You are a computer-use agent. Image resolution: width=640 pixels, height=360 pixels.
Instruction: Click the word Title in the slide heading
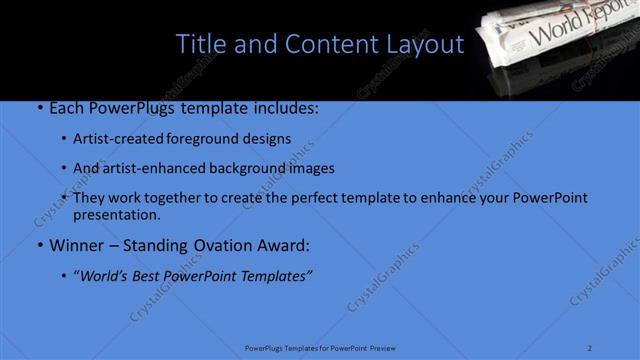coord(200,45)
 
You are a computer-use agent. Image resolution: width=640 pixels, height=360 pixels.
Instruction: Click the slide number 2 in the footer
coord(589,348)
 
